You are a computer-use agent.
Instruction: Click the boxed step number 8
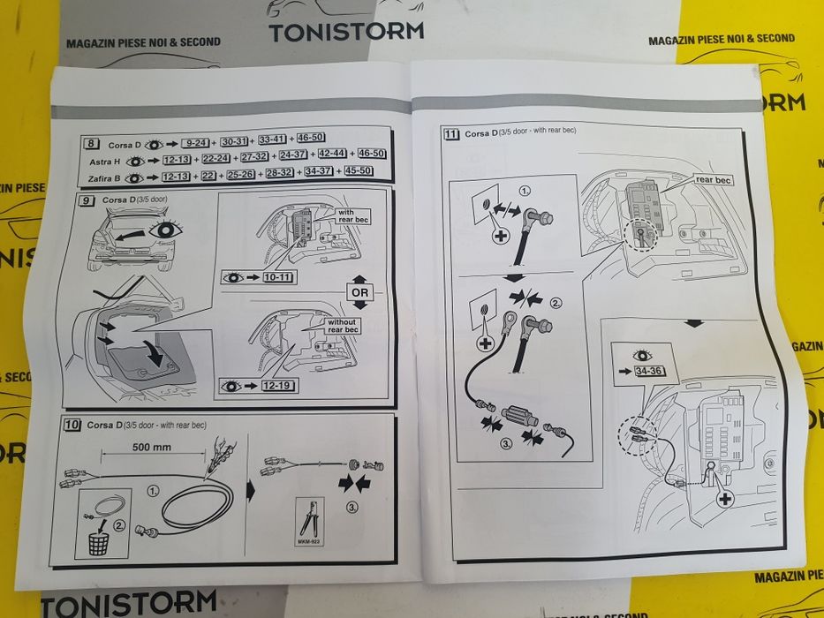point(90,143)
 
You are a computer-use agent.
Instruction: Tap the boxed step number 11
point(452,134)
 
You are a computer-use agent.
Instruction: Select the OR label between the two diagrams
point(359,291)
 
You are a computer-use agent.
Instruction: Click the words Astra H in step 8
point(106,162)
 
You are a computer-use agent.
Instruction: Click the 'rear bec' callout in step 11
point(713,180)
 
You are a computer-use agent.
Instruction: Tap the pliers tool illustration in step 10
point(306,521)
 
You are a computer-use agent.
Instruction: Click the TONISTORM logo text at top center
point(345,32)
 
